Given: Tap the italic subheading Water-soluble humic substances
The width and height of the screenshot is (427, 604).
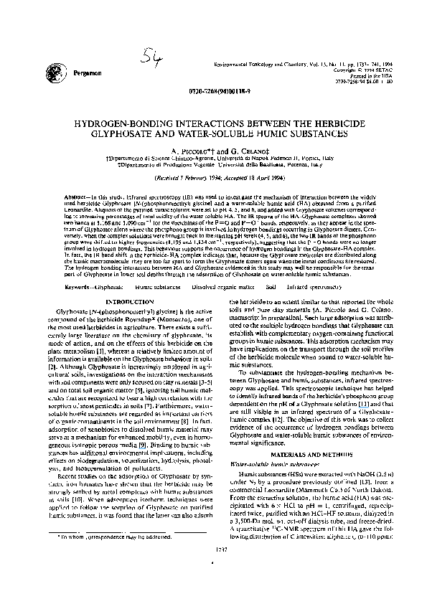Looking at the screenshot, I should tap(274, 463).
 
